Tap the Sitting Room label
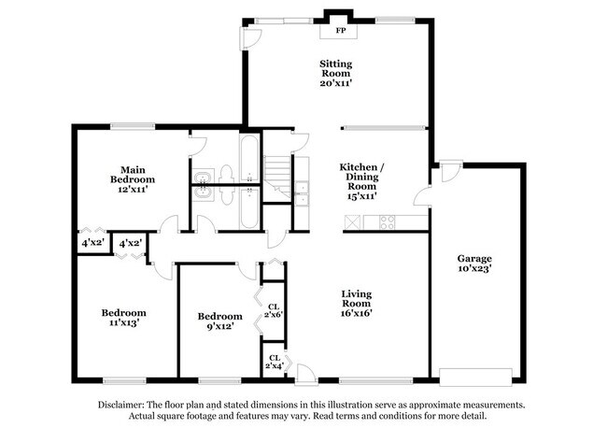(336, 73)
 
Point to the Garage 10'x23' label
(474, 264)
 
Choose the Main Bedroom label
(132, 178)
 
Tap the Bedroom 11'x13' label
(123, 318)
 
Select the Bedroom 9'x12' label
(219, 321)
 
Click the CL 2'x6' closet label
(274, 311)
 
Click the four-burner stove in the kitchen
(385, 222)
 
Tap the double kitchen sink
(302, 192)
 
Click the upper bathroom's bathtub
(250, 159)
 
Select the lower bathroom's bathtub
(250, 207)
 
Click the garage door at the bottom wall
(475, 378)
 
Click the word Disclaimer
(124, 406)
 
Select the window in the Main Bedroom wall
(131, 126)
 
